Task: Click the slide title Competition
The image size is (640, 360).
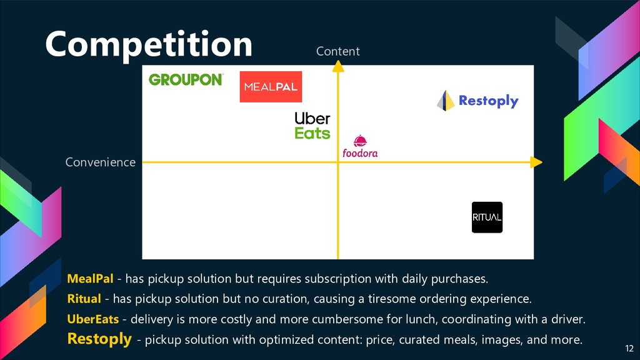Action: tap(148, 44)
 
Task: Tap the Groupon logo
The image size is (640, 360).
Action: tap(186, 79)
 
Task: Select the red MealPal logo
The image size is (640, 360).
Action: tap(271, 87)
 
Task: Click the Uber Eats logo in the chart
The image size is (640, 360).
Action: tap(312, 126)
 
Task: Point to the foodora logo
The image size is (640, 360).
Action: tap(360, 152)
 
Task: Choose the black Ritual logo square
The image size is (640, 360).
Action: tap(487, 217)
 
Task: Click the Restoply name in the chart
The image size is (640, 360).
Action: tap(488, 101)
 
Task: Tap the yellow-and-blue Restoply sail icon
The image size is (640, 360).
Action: tap(445, 101)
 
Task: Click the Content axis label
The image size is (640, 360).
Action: tap(337, 51)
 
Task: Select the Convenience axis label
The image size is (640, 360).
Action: tap(100, 162)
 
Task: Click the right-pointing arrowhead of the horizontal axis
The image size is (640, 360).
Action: tap(536, 162)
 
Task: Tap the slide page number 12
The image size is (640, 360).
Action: tap(629, 348)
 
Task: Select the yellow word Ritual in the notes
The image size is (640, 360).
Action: tap(84, 298)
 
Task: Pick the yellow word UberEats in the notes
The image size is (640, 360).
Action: tap(93, 319)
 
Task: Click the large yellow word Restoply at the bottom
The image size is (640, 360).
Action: tap(99, 339)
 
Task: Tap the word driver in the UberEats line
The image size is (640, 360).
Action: tap(567, 319)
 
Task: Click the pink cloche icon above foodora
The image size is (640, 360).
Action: tap(359, 141)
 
